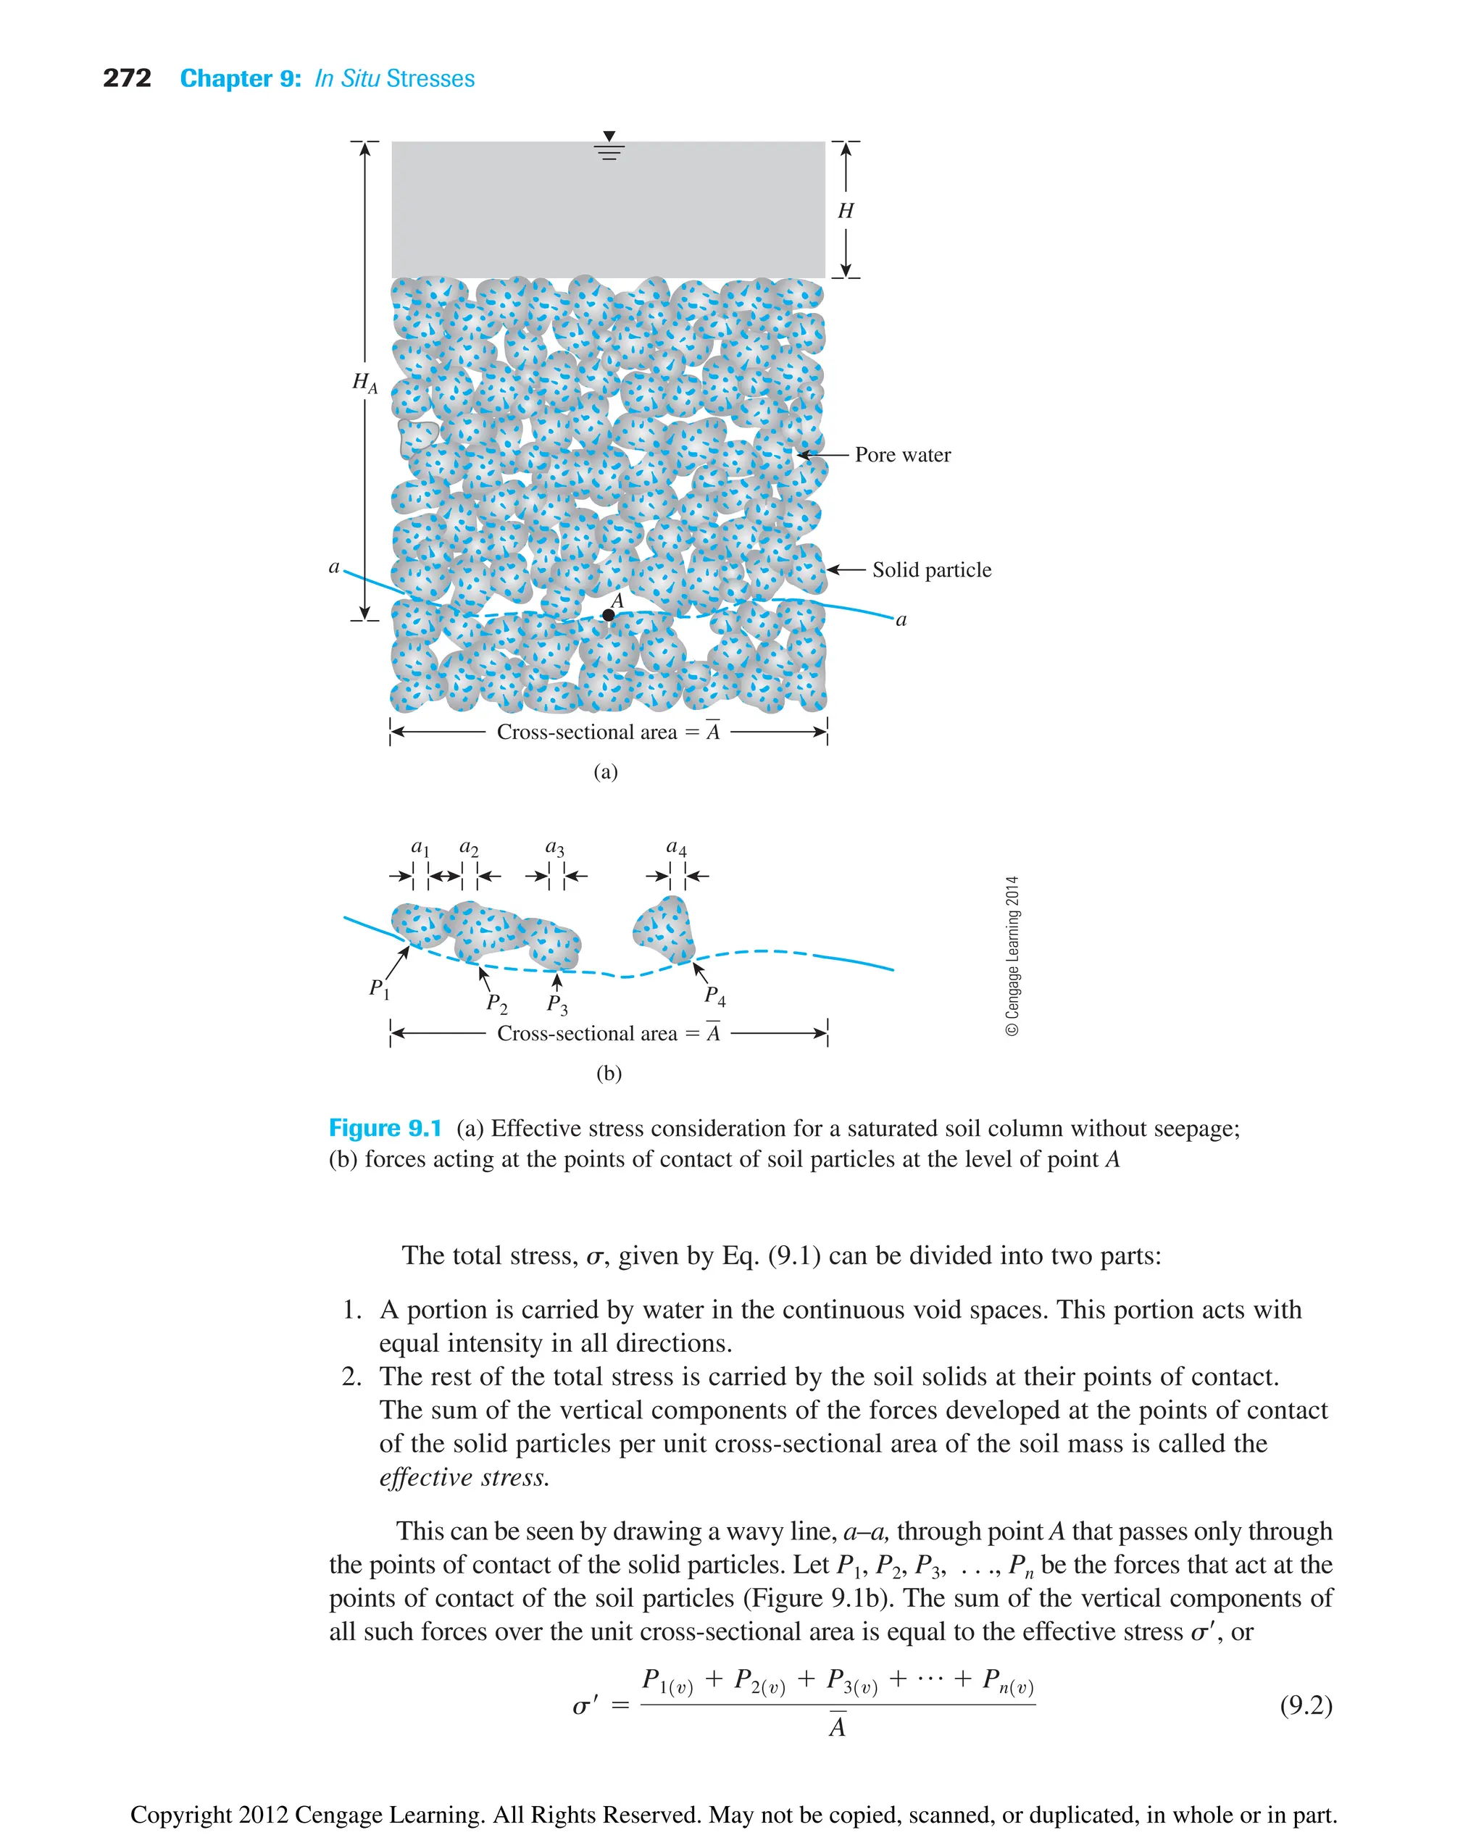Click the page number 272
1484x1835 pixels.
tap(127, 79)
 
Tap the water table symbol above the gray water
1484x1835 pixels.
tap(609, 147)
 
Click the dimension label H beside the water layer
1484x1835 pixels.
tap(846, 210)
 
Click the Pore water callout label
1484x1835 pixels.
tap(903, 455)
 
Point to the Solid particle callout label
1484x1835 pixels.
tap(932, 570)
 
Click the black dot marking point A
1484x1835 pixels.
tap(608, 615)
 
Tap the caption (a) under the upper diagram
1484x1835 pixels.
tap(605, 772)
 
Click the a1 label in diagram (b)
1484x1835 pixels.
tap(420, 847)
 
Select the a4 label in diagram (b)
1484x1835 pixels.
tap(676, 847)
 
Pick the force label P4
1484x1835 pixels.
tap(714, 995)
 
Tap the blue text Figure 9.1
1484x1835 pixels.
tap(385, 1128)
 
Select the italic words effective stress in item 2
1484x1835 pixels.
tap(464, 1477)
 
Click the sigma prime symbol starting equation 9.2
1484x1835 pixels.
tap(585, 1707)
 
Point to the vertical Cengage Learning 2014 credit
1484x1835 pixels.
tap(1012, 956)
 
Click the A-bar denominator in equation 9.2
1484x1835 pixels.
tap(837, 1726)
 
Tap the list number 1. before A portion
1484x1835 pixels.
tap(352, 1309)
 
